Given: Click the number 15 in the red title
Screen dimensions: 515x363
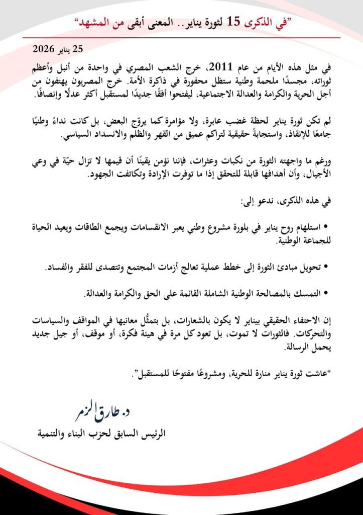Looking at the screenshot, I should (233, 21).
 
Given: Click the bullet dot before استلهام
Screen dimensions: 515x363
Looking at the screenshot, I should (324, 226).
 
